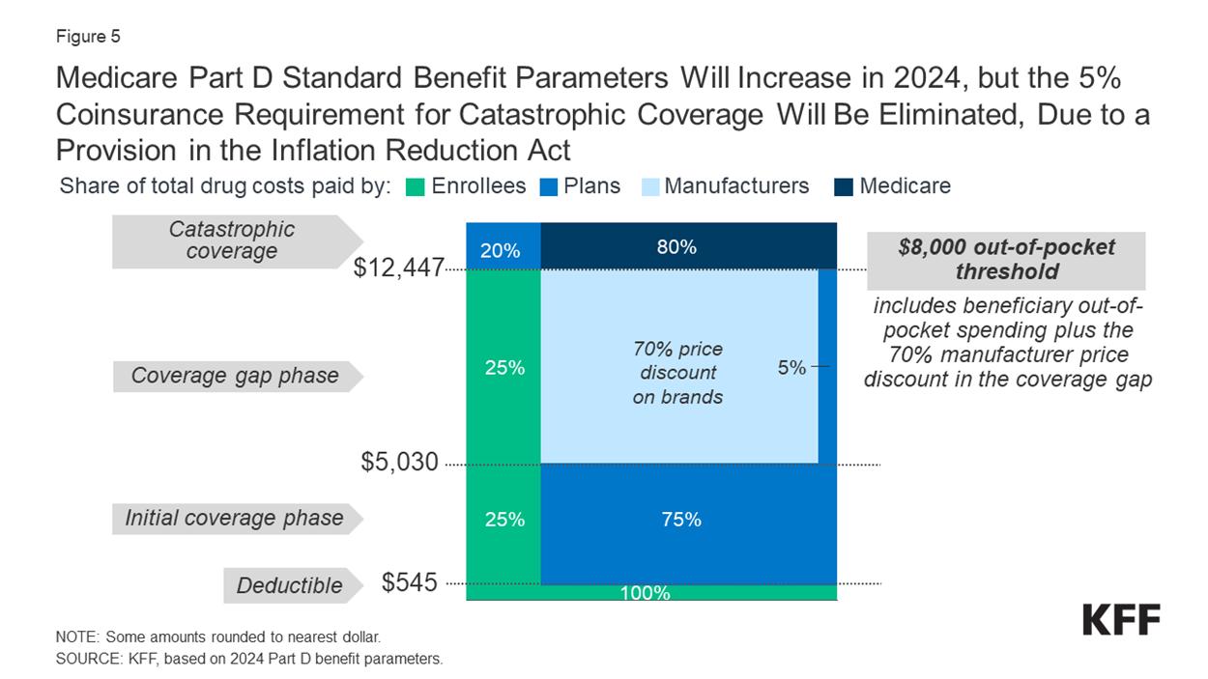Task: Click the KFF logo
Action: click(x=1121, y=620)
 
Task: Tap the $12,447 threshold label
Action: click(x=397, y=269)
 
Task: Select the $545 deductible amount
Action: click(x=410, y=583)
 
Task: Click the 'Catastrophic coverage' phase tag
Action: click(x=233, y=240)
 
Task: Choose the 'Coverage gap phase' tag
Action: click(x=235, y=376)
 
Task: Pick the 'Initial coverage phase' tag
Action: click(x=235, y=518)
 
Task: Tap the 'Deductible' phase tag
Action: click(x=289, y=585)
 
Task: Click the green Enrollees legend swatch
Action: click(x=417, y=186)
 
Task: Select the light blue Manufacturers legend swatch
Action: click(x=650, y=186)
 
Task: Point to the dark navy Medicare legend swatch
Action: click(x=843, y=186)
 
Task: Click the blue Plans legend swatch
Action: click(x=548, y=186)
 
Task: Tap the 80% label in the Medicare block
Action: click(x=676, y=247)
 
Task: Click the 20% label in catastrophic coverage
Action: click(x=501, y=251)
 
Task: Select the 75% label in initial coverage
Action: click(x=681, y=520)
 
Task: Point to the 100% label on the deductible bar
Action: click(x=645, y=593)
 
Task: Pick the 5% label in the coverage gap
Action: click(x=791, y=367)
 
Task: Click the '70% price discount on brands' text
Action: click(x=677, y=373)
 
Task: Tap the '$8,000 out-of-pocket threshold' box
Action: click(x=1006, y=259)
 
